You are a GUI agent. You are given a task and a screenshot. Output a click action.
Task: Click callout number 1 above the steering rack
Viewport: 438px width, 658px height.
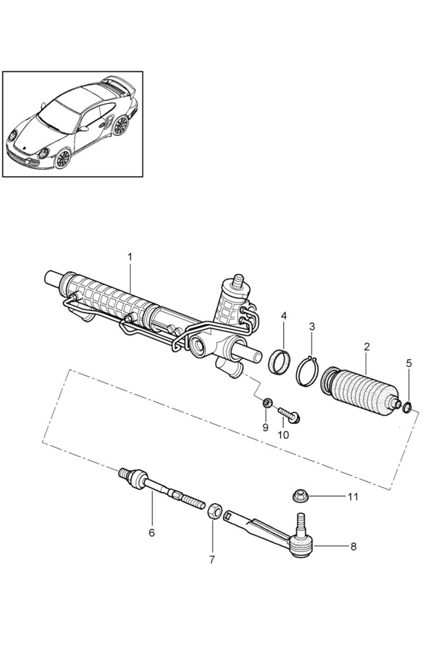point(130,257)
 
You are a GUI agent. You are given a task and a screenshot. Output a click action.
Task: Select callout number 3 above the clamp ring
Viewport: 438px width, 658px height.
point(312,326)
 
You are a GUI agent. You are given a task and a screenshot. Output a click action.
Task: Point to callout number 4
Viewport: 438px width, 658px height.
point(283,317)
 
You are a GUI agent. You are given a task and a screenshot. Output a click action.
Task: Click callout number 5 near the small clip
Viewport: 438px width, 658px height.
point(409,363)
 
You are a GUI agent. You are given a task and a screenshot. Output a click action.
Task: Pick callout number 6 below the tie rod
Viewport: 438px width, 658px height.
point(152,533)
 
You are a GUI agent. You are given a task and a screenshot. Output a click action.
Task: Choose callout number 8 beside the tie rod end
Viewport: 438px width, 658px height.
point(353,546)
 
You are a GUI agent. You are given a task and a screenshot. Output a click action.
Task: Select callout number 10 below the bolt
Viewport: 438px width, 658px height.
point(283,434)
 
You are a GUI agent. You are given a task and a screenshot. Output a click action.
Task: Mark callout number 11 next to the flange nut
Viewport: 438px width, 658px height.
point(353,497)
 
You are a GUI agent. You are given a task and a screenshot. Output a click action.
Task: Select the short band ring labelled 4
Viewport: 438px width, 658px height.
point(277,361)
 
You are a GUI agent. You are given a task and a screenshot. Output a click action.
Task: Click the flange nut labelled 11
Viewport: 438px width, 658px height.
point(299,496)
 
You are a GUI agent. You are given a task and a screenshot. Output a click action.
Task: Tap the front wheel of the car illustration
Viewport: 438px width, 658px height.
point(63,157)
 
